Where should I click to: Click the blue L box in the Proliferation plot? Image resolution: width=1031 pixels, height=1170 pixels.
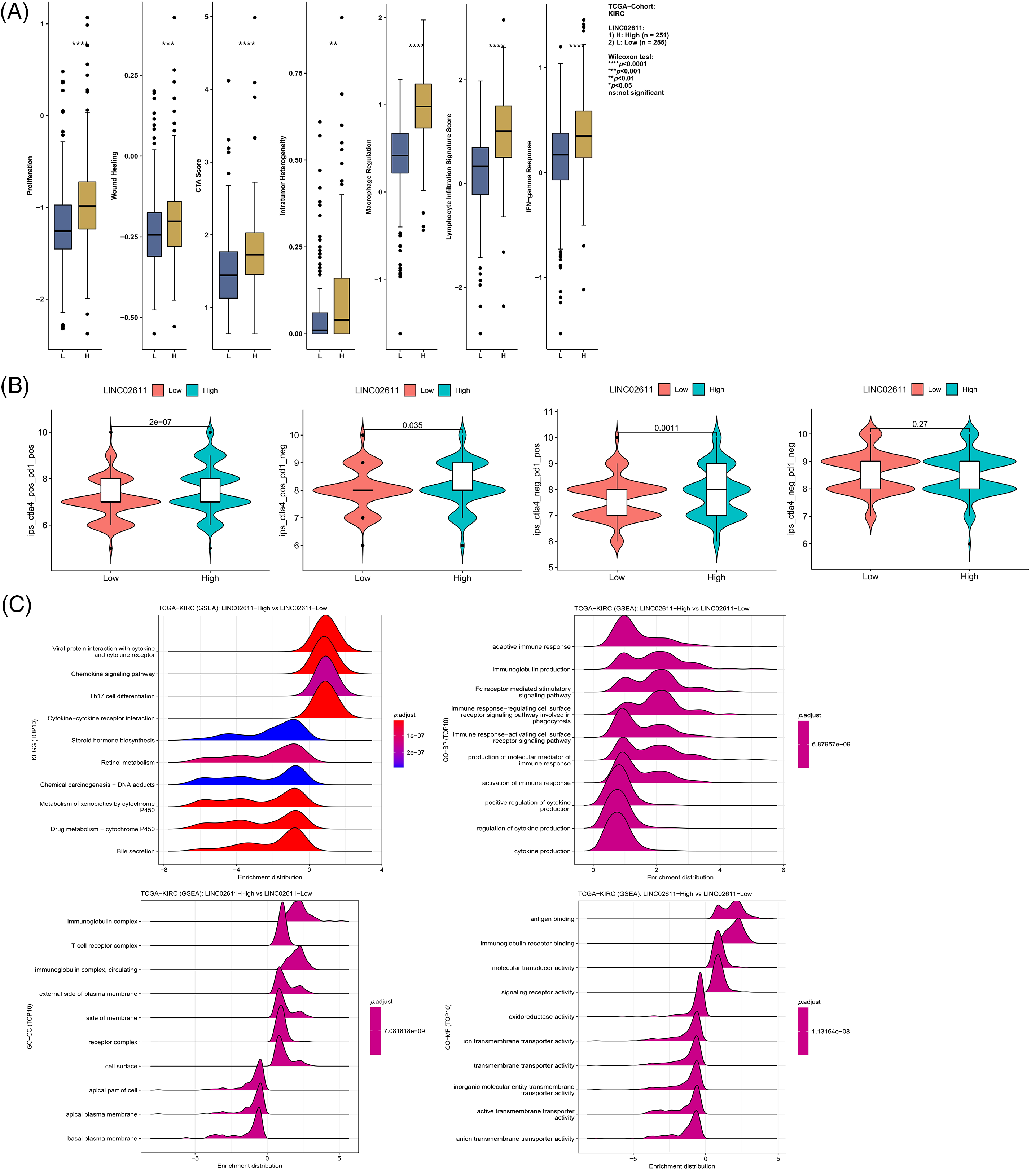point(62,227)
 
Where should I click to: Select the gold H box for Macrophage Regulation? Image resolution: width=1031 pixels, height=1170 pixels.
point(423,106)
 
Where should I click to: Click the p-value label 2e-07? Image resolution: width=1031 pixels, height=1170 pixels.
point(161,422)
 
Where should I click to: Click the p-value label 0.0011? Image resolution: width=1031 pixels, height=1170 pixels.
point(666,428)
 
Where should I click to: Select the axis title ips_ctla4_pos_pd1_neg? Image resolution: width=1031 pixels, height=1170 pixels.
point(282,490)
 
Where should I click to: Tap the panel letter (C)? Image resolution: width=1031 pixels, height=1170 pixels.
point(16,604)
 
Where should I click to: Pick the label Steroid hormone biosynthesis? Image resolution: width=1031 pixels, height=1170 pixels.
point(113,740)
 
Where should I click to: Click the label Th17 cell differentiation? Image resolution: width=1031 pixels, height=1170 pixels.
point(122,696)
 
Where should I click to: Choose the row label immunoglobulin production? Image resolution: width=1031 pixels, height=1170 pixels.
point(531,669)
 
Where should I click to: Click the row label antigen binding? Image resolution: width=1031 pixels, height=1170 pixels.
point(552,919)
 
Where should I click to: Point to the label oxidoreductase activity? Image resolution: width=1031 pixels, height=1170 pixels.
point(541,1017)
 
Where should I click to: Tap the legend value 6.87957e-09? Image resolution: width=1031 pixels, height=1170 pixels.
point(830,744)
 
